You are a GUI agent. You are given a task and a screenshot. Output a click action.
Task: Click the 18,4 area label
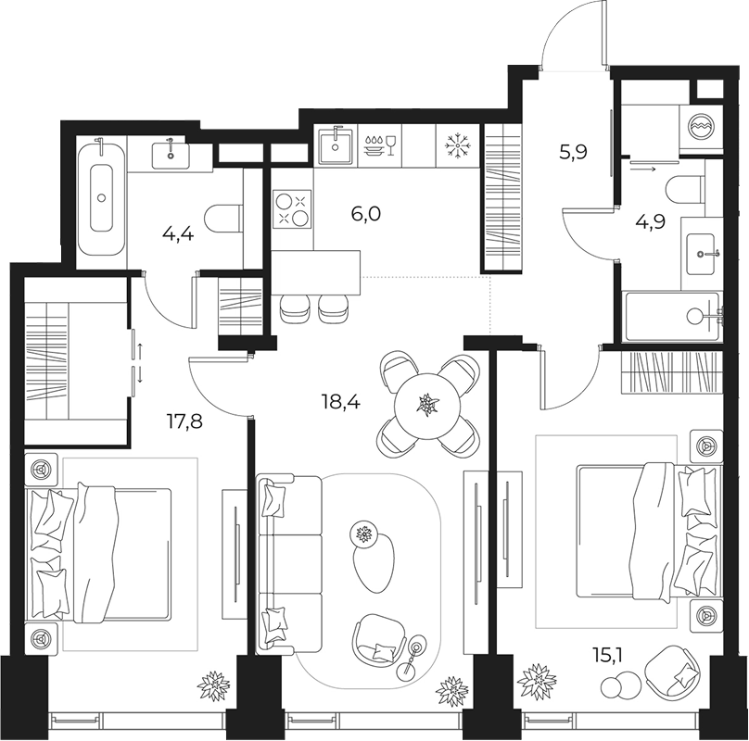point(341,403)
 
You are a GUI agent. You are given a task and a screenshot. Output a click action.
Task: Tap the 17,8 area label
point(184,421)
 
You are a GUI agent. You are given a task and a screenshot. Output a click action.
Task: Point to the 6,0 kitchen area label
point(365,214)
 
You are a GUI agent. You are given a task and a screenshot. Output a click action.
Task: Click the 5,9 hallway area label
point(573,153)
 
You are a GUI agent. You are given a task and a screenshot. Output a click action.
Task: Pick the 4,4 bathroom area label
point(178,234)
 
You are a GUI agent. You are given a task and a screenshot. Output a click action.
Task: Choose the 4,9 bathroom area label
point(650,222)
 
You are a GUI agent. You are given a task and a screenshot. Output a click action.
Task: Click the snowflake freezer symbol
point(458,145)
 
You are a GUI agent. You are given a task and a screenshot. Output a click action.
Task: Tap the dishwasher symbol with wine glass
point(380,145)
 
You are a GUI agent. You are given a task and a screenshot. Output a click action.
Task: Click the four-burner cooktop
point(292,208)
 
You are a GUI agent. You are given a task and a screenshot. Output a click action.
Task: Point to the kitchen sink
point(336,145)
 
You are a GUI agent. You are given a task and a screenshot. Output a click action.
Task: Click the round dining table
point(427,406)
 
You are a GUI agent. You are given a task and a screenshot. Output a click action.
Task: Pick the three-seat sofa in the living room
point(289,564)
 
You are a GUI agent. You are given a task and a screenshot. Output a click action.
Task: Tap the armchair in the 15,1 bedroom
point(673,672)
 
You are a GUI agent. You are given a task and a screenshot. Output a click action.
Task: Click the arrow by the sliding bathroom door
point(643,169)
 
